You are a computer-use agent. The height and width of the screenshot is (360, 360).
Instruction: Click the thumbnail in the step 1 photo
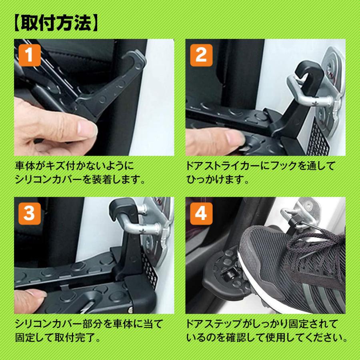click(x=86, y=129)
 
